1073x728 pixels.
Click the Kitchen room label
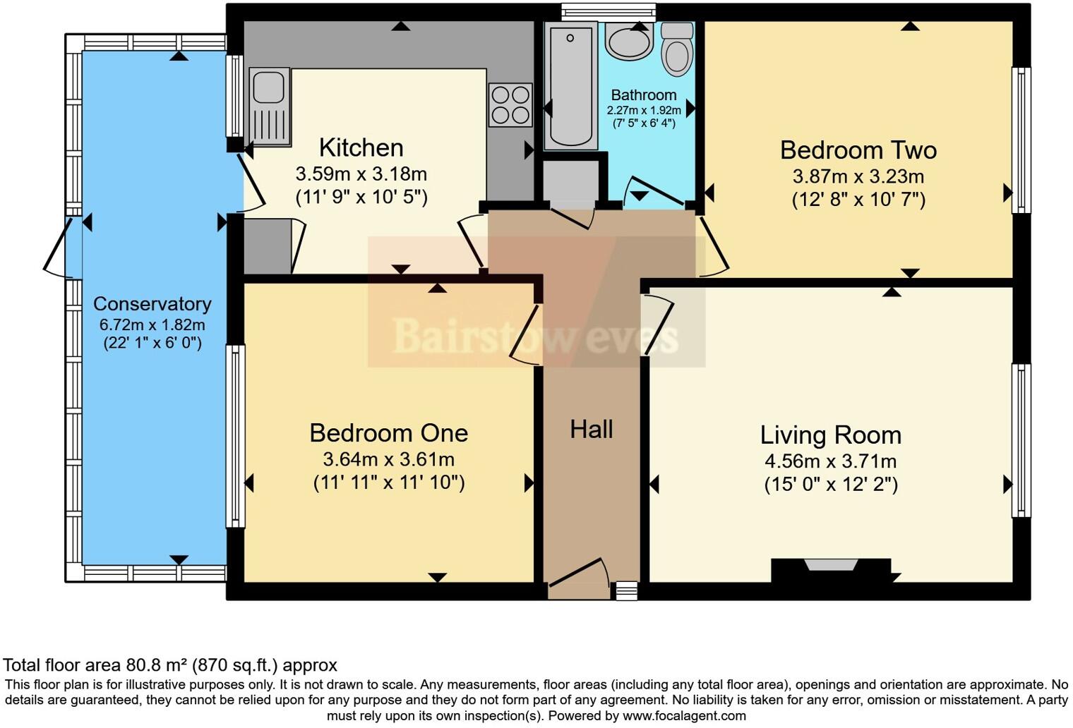tap(361, 147)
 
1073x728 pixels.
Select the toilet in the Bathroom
tap(677, 49)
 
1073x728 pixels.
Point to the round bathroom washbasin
tap(629, 42)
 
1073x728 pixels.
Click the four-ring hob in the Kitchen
tap(510, 105)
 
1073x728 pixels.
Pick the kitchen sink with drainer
tap(269, 107)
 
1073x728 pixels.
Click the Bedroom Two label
tap(858, 150)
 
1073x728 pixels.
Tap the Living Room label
tap(830, 435)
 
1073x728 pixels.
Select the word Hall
tap(591, 429)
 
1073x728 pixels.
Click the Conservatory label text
tap(152, 304)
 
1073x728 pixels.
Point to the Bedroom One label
tap(388, 432)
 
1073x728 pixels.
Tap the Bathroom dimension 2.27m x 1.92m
tap(643, 111)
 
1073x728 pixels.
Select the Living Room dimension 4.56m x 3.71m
tap(830, 462)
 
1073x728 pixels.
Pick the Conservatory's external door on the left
tap(58, 247)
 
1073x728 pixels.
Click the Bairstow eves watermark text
tap(535, 336)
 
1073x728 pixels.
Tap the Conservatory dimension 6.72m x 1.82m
tap(152, 325)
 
